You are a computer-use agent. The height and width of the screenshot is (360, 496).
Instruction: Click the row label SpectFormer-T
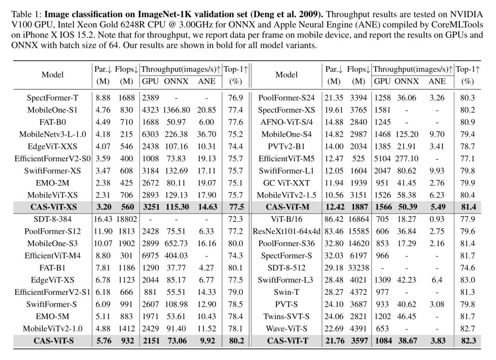(52, 98)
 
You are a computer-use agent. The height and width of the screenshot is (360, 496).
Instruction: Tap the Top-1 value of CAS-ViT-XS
(236, 207)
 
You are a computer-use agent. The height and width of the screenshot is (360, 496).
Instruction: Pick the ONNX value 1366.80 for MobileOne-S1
(176, 110)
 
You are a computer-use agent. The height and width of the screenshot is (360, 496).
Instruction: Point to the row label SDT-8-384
(52, 219)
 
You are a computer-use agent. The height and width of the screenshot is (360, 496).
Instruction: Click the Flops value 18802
(127, 219)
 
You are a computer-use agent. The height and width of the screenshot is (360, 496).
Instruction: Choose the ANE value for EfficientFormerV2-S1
(207, 292)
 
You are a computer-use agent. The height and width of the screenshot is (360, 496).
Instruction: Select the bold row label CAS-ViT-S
(54, 341)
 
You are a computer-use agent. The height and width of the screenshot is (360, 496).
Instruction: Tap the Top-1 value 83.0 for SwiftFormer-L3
(468, 280)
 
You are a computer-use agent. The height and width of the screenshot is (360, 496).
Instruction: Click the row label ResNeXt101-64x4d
(287, 231)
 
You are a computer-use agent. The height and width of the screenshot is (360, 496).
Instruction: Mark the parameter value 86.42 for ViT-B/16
(334, 219)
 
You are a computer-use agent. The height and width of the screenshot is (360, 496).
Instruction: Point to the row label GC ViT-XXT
(287, 183)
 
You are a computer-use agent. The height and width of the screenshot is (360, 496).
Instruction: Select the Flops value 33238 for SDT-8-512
(358, 268)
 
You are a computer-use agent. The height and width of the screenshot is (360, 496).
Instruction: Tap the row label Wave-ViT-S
(287, 329)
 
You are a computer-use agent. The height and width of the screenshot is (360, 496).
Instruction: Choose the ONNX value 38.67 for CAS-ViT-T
(407, 341)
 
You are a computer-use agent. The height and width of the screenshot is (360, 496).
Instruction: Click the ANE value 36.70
(207, 134)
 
